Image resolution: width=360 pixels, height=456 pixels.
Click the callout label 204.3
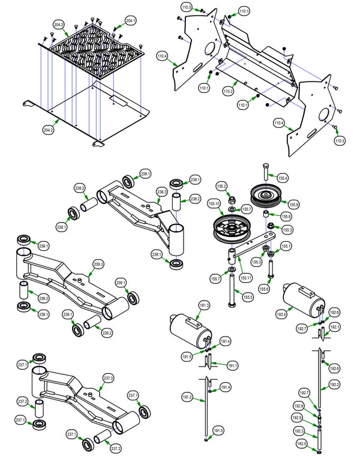click(59, 25)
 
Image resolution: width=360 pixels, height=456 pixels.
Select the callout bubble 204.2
click(49, 130)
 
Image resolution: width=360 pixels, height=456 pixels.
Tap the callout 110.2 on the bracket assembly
click(227, 91)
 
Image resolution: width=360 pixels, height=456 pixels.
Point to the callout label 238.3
click(161, 192)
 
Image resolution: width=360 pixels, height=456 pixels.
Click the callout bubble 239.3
click(98, 265)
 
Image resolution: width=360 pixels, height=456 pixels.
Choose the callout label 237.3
click(108, 379)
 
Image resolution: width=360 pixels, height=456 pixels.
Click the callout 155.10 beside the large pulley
click(214, 204)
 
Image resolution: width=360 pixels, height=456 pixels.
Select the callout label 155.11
click(245, 278)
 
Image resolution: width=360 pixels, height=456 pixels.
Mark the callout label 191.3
click(204, 305)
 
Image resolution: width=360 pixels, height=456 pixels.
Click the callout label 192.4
click(281, 313)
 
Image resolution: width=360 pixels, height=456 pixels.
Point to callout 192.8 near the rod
click(298, 406)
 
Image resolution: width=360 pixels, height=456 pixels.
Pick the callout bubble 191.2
click(187, 397)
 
